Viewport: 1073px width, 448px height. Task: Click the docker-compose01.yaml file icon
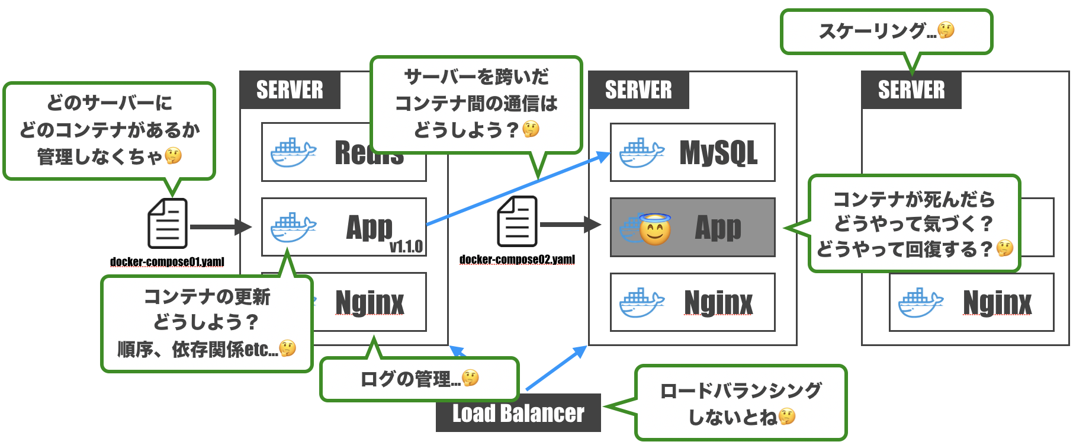tap(168, 223)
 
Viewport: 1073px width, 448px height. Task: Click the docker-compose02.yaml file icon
tap(517, 222)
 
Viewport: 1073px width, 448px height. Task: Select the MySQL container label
tap(718, 153)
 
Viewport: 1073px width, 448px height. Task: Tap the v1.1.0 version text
tap(406, 247)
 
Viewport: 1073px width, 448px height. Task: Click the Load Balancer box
tap(518, 413)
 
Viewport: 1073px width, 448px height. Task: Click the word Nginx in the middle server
tap(718, 303)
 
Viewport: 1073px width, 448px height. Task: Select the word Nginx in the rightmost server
tap(997, 303)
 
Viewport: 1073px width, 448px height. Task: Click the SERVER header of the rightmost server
tap(911, 90)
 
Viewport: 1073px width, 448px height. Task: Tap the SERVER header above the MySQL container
tap(638, 90)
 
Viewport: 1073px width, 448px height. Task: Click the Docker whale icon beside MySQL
tap(641, 153)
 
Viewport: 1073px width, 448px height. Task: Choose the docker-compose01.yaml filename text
tap(167, 262)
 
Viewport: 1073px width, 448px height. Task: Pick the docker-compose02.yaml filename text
tap(517, 260)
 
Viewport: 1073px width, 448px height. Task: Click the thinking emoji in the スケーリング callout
tap(946, 30)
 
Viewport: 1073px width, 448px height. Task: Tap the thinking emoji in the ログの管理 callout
tap(470, 377)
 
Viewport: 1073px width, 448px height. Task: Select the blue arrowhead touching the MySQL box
tap(604, 156)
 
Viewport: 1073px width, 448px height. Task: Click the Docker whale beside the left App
tap(293, 228)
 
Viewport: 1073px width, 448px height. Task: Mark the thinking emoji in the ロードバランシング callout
tap(787, 417)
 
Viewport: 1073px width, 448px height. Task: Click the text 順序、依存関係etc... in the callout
tap(198, 349)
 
